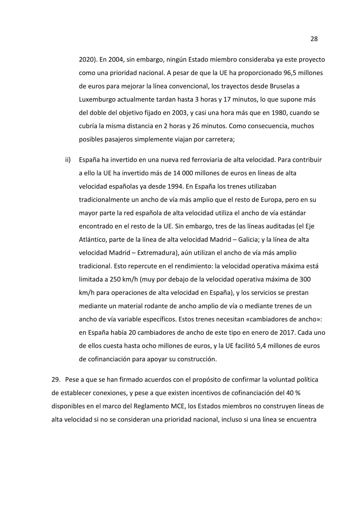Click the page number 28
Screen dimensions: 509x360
click(314, 39)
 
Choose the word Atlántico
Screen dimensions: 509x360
click(92, 239)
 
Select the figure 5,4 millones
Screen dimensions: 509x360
click(270, 345)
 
